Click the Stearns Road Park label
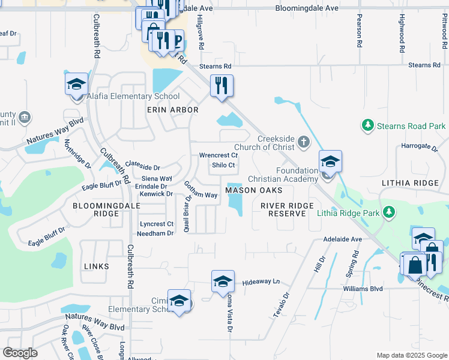[411, 126]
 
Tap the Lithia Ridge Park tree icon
[390, 212]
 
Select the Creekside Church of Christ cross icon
[304, 142]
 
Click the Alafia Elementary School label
[133, 96]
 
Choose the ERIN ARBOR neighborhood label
[172, 110]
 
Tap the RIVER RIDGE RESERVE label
[287, 209]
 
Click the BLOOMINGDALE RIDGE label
[95, 209]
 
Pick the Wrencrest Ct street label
[218, 155]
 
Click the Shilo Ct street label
[223, 165]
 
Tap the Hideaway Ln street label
[261, 281]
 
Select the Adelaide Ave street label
[343, 239]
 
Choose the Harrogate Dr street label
[417, 146]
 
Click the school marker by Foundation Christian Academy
[330, 161]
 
